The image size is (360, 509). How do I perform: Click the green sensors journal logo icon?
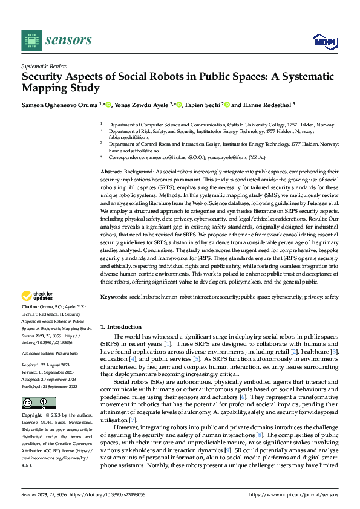[x=31, y=40]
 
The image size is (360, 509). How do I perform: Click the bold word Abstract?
[x=113, y=172]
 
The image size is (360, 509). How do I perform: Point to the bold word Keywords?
[x=114, y=297]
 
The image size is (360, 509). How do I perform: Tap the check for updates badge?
[x=38, y=296]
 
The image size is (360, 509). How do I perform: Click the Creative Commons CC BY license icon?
[x=38, y=403]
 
